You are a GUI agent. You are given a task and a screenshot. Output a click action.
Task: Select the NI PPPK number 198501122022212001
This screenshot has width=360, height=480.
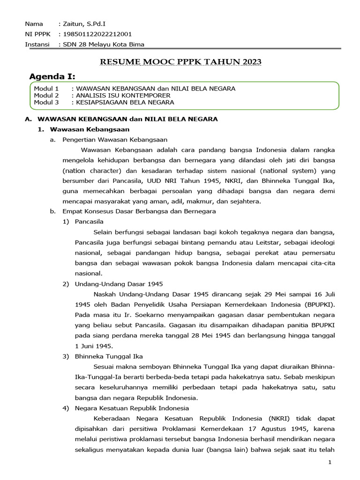coord(97,34)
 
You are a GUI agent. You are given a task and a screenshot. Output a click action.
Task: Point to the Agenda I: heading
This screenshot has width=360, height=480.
coord(52,76)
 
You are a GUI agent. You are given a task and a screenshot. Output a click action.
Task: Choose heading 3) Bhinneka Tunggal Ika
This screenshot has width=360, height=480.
coord(109,356)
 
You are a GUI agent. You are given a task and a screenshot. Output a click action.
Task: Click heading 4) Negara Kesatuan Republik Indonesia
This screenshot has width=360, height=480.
coord(132,408)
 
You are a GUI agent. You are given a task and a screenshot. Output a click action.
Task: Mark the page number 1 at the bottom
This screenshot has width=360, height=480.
coord(330,463)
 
